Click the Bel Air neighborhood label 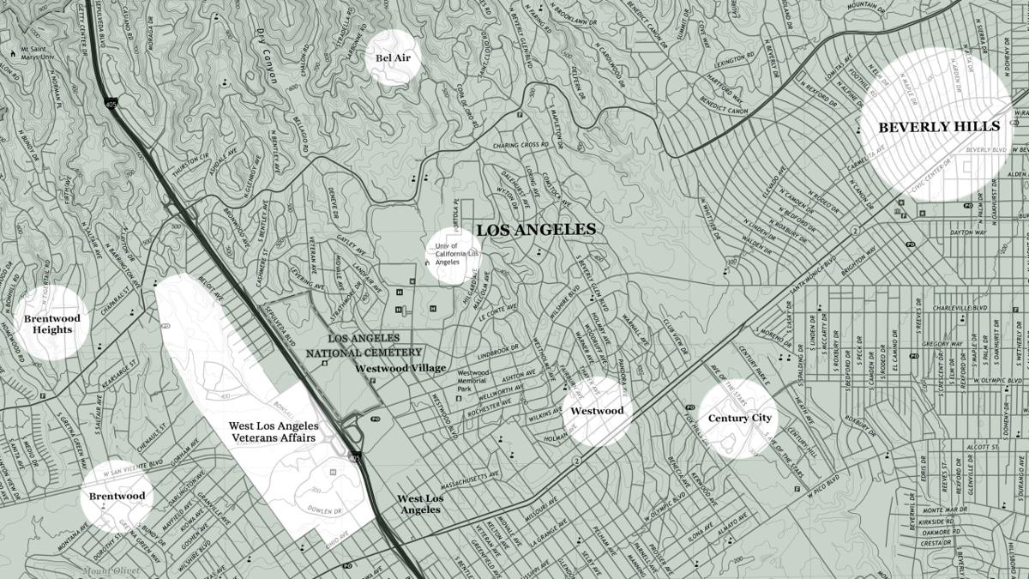pyautogui.click(x=393, y=58)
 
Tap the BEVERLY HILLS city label pyautogui.click(x=938, y=127)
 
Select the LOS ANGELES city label pyautogui.click(x=535, y=230)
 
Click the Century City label pyautogui.click(x=739, y=418)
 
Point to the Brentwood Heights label pyautogui.click(x=51, y=324)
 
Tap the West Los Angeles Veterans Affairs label pyautogui.click(x=273, y=431)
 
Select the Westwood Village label pyautogui.click(x=400, y=368)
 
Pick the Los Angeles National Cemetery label pyautogui.click(x=364, y=346)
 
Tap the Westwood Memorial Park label pyautogui.click(x=472, y=381)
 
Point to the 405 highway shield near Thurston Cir pyautogui.click(x=113, y=102)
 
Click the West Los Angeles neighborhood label pyautogui.click(x=420, y=504)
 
